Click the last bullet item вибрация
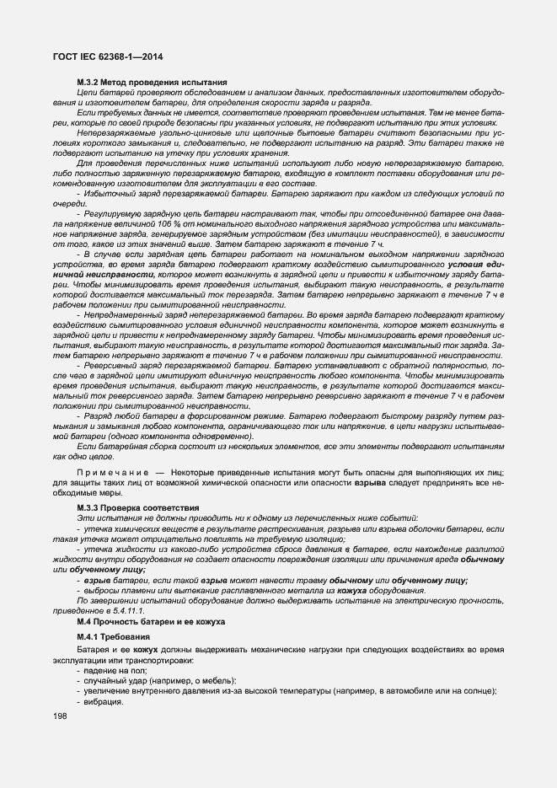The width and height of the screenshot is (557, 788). coord(103,703)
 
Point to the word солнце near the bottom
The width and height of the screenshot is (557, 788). coord(479,692)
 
